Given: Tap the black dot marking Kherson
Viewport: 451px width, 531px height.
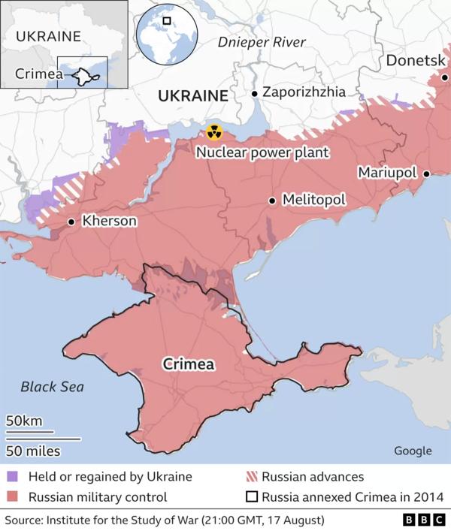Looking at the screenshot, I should (71, 222).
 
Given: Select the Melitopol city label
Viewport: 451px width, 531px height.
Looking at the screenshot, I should (313, 201).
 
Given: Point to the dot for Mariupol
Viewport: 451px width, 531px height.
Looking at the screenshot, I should (425, 173).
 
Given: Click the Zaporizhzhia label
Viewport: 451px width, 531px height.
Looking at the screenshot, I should (304, 92).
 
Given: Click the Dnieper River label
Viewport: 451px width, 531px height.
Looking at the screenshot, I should (262, 42).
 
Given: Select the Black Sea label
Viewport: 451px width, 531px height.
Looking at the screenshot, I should (52, 387).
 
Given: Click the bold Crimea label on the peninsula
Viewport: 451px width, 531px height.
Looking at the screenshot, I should (189, 364).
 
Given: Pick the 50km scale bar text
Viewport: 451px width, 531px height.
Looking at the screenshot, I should (25, 421).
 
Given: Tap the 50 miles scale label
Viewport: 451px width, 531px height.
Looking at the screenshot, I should (34, 451).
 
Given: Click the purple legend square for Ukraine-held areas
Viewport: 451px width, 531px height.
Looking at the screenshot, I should (13, 477).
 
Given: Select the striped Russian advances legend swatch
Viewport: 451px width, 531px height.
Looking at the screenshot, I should (253, 477).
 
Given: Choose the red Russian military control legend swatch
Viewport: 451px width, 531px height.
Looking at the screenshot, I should (13, 496).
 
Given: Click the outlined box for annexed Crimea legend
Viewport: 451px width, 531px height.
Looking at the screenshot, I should (253, 496).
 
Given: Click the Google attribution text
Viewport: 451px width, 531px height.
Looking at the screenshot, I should (413, 451).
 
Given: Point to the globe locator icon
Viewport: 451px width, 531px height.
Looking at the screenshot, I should (166, 32).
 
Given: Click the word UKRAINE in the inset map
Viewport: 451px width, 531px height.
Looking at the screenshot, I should (48, 37).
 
